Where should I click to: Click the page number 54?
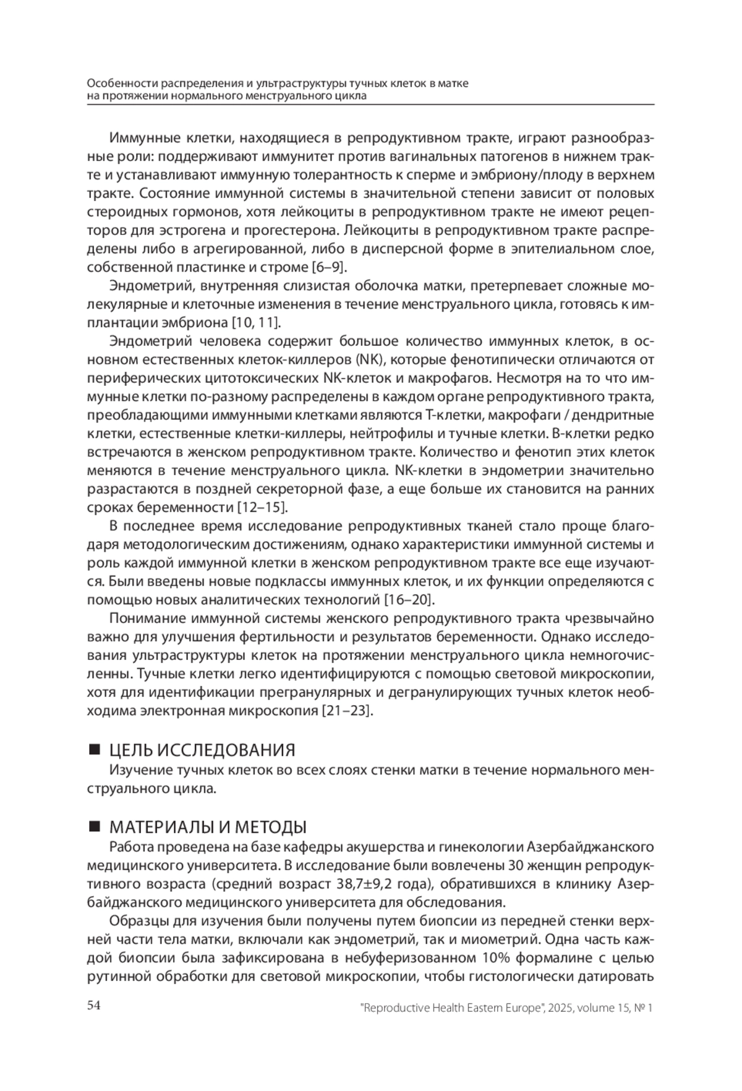pos(94,1005)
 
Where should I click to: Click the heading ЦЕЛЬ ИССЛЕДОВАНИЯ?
pos(202,750)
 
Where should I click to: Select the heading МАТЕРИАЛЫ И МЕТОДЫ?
pos(208,827)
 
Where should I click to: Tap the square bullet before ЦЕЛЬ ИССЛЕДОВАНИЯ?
pos(95,750)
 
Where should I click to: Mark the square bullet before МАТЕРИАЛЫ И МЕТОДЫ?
pos(95,827)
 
